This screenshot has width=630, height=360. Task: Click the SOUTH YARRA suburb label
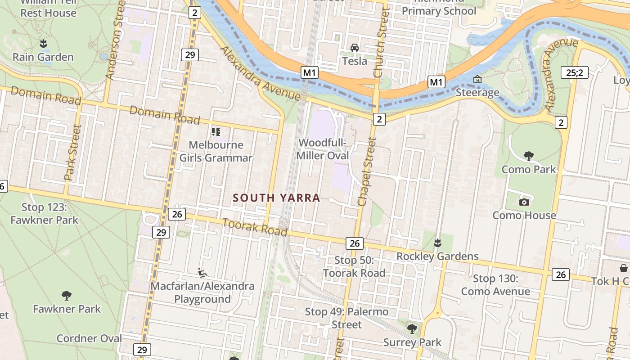click(276, 198)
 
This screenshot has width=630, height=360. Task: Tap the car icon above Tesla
click(355, 48)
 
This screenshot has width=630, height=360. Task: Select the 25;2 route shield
click(575, 72)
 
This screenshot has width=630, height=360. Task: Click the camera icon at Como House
click(524, 202)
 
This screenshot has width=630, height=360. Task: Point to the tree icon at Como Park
click(529, 156)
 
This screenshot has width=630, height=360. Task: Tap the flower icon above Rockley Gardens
click(437, 243)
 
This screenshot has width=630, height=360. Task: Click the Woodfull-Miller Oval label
click(324, 149)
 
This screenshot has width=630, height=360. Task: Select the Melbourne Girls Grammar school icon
click(216, 132)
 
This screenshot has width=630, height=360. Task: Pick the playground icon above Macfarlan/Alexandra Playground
click(202, 273)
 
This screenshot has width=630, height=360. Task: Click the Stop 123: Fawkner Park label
click(44, 214)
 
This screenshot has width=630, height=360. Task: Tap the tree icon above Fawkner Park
click(67, 296)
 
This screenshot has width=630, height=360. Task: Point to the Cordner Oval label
click(89, 338)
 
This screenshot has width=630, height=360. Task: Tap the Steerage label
click(477, 93)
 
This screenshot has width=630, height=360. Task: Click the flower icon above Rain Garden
click(43, 44)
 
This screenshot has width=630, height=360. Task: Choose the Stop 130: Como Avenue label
click(495, 285)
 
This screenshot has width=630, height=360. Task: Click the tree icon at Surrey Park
click(412, 329)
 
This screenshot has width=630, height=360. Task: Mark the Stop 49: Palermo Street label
click(346, 318)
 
